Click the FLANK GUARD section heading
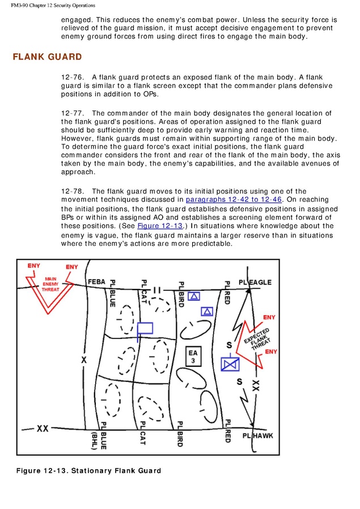click(47, 57)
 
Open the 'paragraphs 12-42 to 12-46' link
click(232, 200)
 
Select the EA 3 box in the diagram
click(193, 357)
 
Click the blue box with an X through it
click(230, 364)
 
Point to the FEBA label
click(96, 282)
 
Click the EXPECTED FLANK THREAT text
click(257, 338)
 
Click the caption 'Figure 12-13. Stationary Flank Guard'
click(88, 470)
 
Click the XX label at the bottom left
click(43, 428)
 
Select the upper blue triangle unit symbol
click(194, 296)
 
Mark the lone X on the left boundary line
click(84, 360)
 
